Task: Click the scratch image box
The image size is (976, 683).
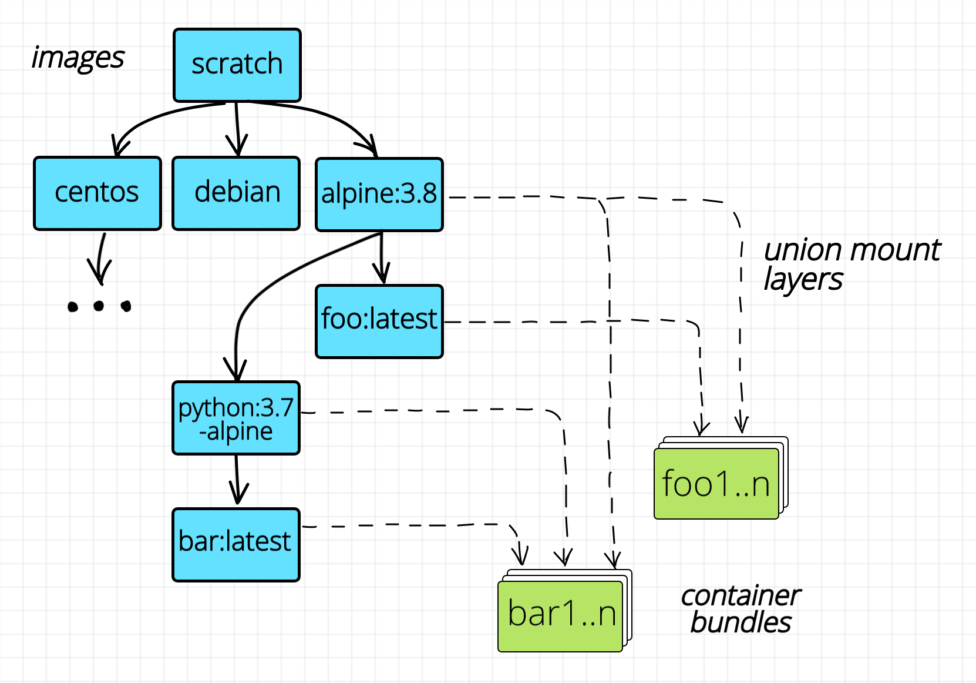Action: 237,65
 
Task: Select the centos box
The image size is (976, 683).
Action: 97,193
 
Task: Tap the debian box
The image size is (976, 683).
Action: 236,193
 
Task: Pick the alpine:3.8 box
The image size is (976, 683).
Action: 379,194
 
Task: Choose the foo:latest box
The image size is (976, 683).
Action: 379,321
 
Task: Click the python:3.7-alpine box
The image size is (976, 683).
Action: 236,418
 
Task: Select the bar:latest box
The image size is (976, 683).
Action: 236,544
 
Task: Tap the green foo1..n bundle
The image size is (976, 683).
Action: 716,484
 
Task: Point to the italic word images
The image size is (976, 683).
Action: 78,58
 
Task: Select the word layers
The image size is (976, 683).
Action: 803,280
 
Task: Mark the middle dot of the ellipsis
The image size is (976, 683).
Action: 99,306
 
